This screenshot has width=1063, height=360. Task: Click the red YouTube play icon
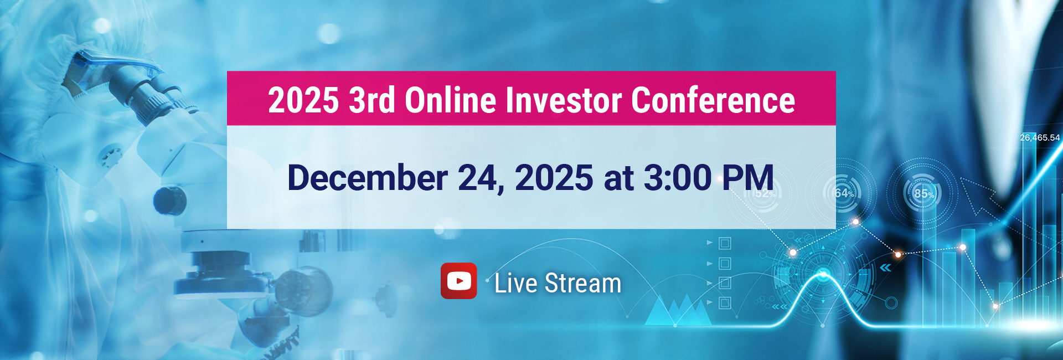[458, 281]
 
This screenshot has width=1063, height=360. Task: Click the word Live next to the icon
[516, 283]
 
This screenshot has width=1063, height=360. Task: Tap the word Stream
[583, 283]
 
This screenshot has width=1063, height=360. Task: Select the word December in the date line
[368, 178]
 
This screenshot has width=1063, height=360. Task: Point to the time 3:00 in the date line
[678, 178]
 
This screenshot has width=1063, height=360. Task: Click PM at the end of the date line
[747, 178]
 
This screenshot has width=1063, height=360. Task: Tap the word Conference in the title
[713, 100]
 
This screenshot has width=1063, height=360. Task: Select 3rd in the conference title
[371, 100]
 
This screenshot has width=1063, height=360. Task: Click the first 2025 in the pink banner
[303, 100]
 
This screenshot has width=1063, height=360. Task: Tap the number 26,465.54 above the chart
[1040, 137]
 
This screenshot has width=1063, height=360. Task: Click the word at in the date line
[619, 179]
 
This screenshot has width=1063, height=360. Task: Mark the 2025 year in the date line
[554, 178]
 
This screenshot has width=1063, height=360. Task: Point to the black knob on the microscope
[169, 200]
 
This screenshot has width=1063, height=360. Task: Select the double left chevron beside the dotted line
[886, 268]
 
